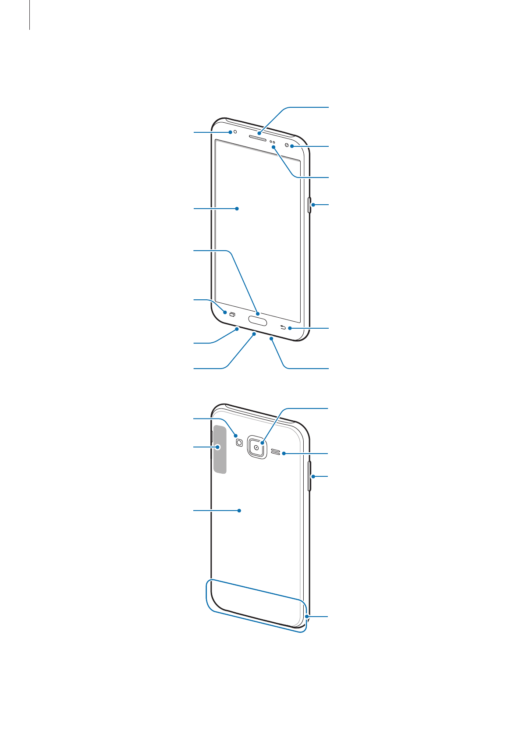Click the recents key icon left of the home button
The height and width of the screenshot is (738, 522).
coord(232,314)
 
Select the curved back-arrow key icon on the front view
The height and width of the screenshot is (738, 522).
coord(283,328)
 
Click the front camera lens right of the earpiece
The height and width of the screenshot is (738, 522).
coord(287,145)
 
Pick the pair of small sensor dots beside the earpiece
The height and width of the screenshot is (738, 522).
coord(272,142)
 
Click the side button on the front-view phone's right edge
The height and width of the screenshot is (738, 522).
coord(310,205)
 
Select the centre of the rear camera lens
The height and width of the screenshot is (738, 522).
coord(256,447)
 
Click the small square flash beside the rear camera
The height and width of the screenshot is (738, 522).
coord(239,443)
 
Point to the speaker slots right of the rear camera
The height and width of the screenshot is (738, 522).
coord(275,452)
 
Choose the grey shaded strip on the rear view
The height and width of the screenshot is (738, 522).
coord(220,448)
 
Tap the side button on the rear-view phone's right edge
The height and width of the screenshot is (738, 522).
coord(310,476)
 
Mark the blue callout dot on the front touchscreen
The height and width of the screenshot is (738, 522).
coord(237,209)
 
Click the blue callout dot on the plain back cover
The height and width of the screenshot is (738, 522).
coord(239,511)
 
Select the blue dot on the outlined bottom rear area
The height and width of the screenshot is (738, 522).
coord(308,617)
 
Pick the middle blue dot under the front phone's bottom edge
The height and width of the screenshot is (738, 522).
coord(254,334)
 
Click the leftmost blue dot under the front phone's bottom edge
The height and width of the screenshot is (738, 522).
coord(237,329)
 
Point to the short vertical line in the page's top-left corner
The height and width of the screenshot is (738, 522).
coord(30,15)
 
